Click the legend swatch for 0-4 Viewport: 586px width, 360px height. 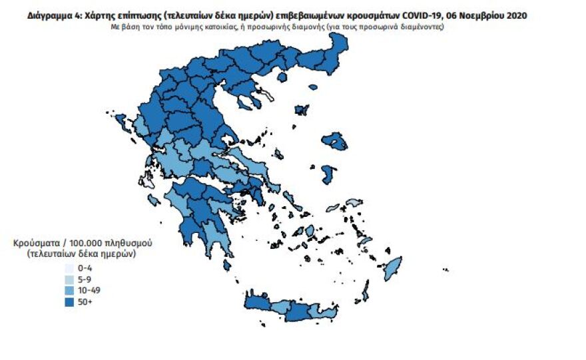69,268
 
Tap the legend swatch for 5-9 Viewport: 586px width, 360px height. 69,279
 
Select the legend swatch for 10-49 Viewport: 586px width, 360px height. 69,290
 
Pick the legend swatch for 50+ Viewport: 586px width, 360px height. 69,301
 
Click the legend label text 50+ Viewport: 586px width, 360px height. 85,301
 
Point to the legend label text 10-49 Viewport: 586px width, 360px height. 89,290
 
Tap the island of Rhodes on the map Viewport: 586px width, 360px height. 394,268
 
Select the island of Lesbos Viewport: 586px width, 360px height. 334,142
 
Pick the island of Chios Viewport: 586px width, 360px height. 328,175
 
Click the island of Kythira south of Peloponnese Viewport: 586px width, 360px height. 227,265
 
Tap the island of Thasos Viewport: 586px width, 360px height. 281,77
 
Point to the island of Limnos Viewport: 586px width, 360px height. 301,110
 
